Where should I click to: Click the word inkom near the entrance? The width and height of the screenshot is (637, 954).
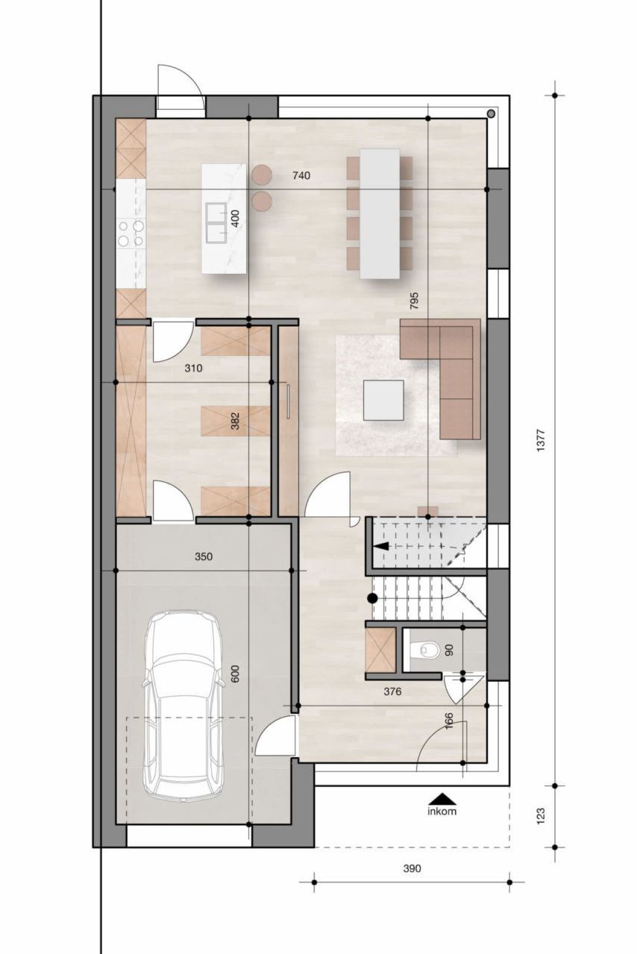(442, 811)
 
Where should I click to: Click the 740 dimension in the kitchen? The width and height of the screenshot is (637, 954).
(301, 175)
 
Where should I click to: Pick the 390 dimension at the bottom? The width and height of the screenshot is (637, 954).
(412, 868)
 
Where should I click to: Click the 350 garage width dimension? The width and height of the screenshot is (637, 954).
(204, 556)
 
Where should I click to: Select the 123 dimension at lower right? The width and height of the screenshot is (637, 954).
(542, 816)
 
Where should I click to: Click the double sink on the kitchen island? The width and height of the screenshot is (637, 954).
(217, 222)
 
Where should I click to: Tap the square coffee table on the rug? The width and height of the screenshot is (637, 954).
(383, 401)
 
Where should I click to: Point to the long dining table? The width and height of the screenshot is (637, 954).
(380, 214)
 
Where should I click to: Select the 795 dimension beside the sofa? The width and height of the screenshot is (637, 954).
(414, 300)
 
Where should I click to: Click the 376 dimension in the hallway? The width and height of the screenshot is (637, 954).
(392, 691)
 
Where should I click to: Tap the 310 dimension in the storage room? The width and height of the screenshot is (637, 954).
(193, 368)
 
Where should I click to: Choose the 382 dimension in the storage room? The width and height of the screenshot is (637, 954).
(234, 423)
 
